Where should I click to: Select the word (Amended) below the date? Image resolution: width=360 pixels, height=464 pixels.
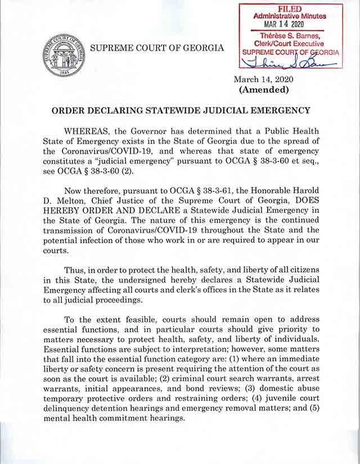click(264, 90)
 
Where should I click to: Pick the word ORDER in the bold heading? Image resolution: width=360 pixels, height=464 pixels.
click(70, 110)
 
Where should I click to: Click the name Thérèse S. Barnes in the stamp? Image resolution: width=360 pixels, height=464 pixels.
click(290, 36)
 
